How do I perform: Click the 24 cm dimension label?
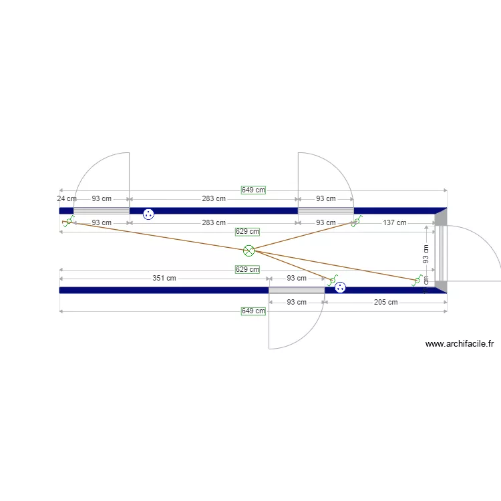(x=66, y=199)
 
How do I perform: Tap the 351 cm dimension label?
(x=164, y=278)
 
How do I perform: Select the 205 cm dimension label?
(x=385, y=302)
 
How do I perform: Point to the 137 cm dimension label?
(x=394, y=222)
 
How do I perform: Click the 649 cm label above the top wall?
(x=253, y=190)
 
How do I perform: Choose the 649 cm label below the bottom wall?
(x=253, y=311)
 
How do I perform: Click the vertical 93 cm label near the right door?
(x=426, y=254)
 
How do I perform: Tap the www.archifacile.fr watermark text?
(x=459, y=345)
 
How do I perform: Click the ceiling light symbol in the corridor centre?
(x=248, y=251)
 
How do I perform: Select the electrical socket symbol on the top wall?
(x=148, y=214)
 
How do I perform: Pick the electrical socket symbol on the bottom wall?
(x=340, y=287)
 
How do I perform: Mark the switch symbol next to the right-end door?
(x=417, y=281)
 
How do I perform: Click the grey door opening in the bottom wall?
(x=297, y=290)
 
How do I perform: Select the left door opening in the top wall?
(x=102, y=211)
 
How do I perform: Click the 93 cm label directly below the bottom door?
(x=297, y=302)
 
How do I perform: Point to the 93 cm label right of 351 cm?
(x=297, y=278)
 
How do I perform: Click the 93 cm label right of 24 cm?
(x=102, y=199)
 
